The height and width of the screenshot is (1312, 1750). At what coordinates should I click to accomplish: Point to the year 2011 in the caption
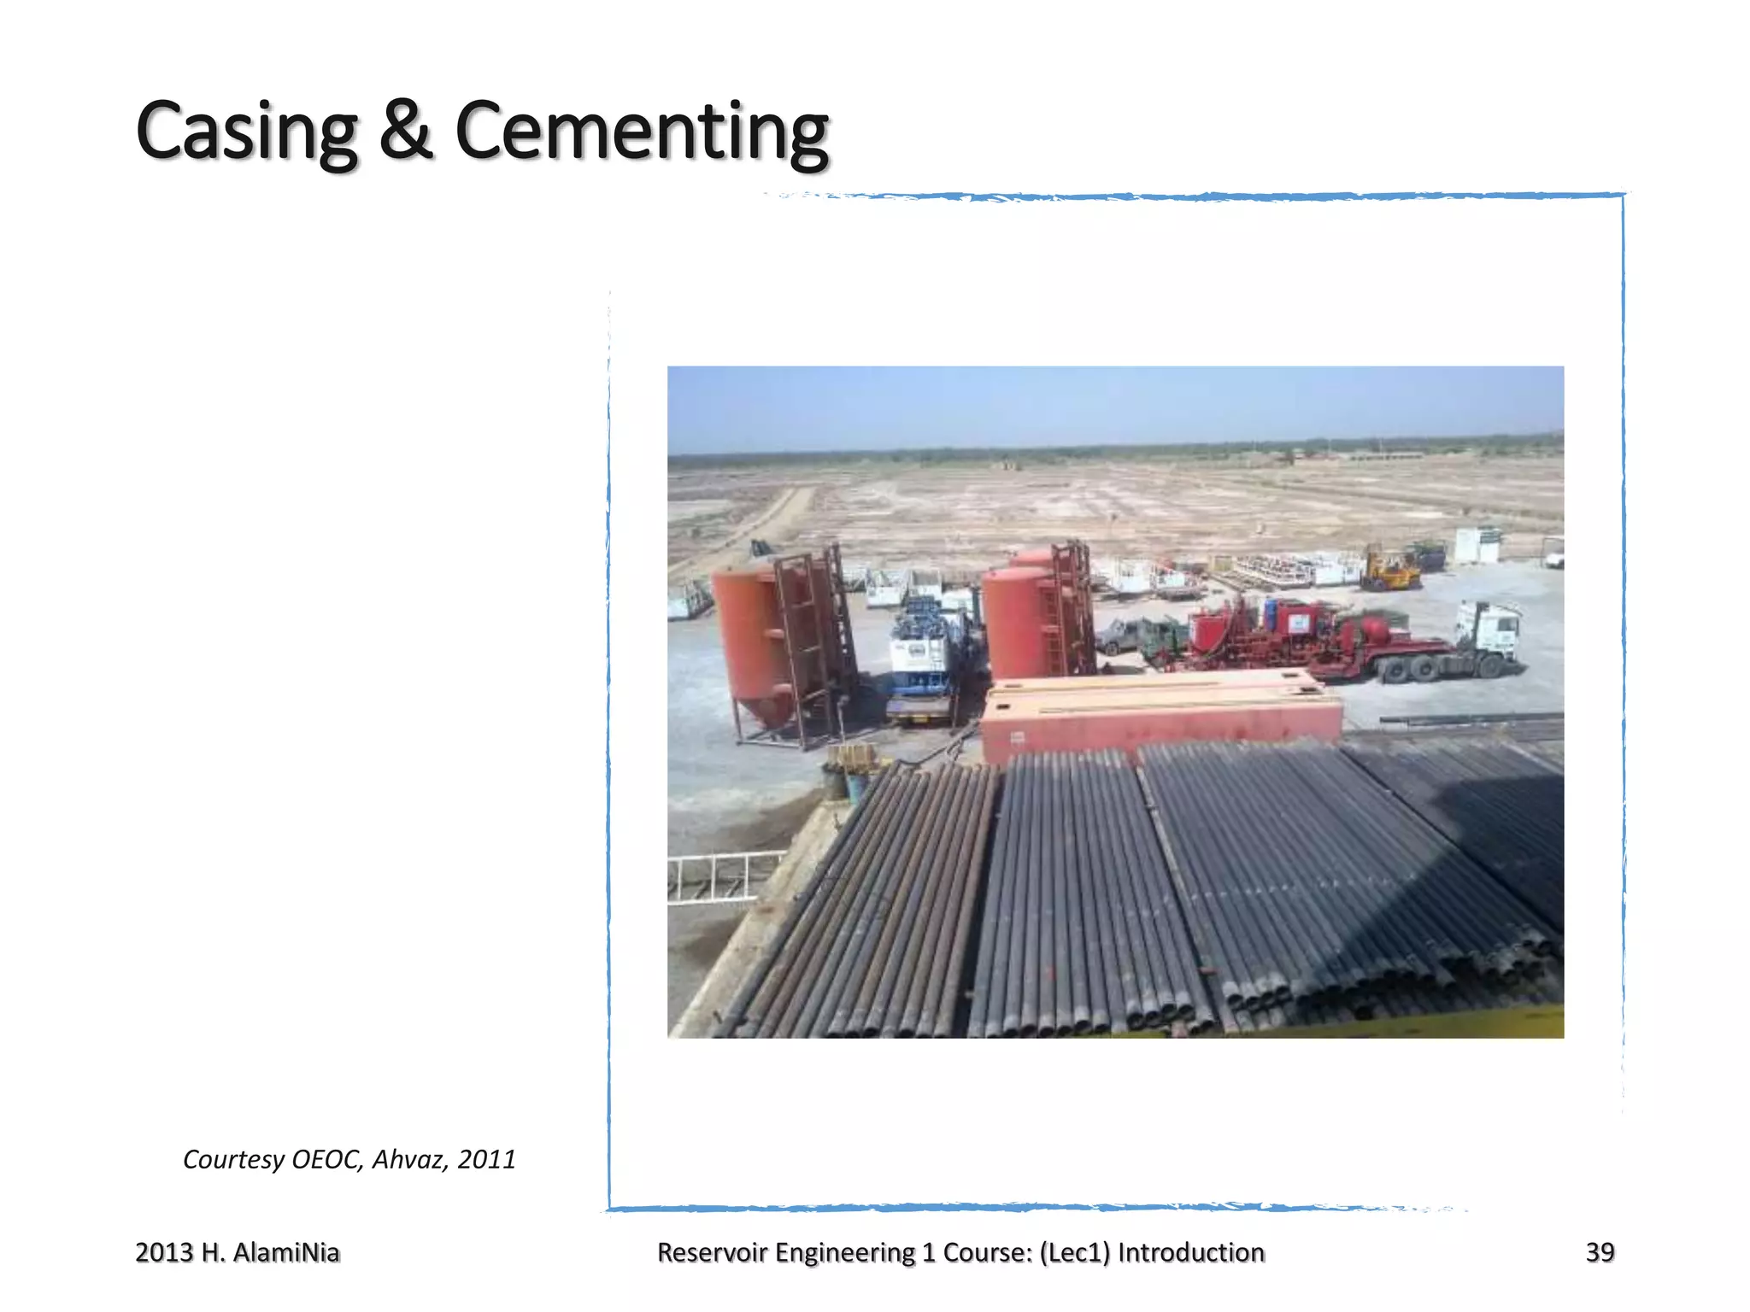click(x=486, y=1159)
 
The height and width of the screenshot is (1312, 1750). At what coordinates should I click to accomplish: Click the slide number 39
click(x=1600, y=1252)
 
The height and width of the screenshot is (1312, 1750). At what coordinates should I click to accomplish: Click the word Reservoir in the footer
click(x=714, y=1252)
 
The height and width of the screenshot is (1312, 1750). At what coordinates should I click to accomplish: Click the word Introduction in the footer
click(x=1191, y=1252)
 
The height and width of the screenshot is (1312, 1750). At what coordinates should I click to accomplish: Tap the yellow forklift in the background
click(x=1389, y=570)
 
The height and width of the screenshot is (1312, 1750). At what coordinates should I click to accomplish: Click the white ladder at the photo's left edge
click(x=718, y=876)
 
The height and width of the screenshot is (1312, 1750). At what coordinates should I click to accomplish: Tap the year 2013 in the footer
click(x=164, y=1252)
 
